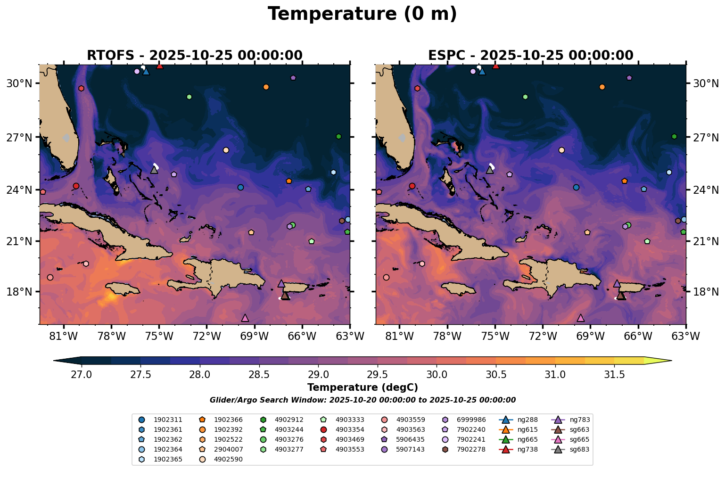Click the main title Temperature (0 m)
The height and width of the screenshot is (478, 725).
point(362,14)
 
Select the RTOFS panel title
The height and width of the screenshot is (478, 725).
point(194,55)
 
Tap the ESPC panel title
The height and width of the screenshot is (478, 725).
point(530,55)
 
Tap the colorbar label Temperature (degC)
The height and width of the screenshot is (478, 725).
point(362,387)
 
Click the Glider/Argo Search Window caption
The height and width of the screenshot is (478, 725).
point(362,400)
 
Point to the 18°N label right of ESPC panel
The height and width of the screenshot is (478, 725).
point(705,292)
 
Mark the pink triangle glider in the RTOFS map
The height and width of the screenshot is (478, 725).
point(245,318)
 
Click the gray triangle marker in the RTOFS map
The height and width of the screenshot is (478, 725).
point(154,170)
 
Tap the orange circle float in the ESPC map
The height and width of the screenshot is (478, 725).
point(602,87)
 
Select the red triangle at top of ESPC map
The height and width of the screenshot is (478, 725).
point(495,66)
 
